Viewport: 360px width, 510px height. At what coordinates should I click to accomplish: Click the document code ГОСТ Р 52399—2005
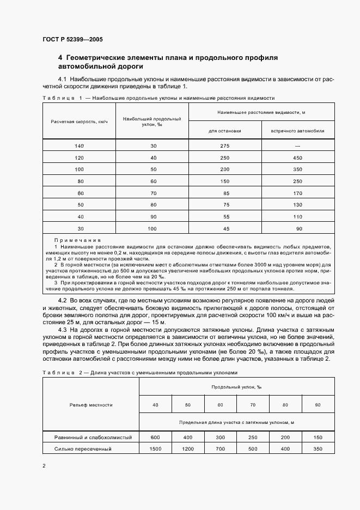72,40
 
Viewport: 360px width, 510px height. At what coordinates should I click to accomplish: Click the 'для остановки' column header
224,131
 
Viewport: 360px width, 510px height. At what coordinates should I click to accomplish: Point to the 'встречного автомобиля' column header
297,131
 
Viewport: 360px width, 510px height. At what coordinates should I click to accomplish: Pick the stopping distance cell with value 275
224,145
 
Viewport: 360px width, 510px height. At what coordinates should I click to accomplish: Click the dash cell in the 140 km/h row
297,145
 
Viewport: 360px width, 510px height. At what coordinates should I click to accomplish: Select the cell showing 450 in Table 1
297,157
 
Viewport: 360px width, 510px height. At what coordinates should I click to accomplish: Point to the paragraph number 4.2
62,301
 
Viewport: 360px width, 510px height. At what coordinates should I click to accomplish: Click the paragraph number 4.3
62,331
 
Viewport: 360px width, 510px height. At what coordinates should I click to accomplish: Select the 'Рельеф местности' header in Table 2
91,405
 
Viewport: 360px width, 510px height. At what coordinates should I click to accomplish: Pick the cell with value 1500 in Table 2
155,449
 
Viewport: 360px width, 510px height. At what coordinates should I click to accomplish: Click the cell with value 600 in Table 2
155,438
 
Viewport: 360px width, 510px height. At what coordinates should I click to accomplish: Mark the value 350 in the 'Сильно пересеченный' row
317,449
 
